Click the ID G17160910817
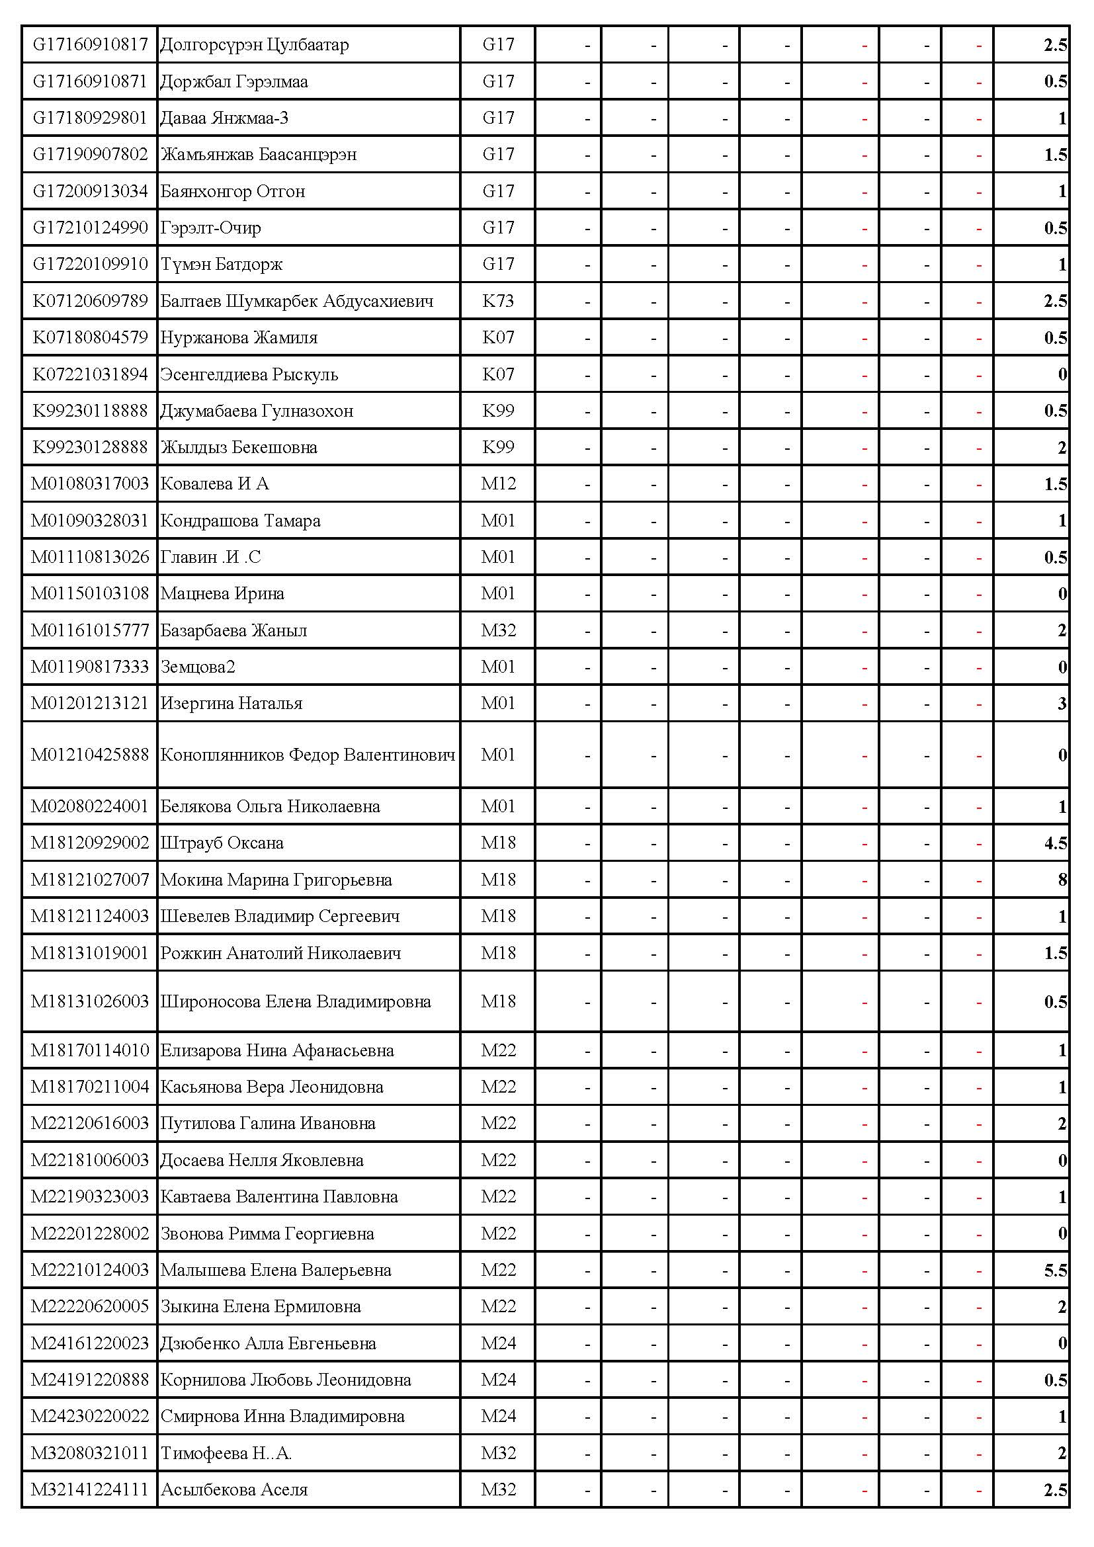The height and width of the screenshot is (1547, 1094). [90, 44]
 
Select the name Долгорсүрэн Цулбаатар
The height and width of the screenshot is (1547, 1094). [255, 45]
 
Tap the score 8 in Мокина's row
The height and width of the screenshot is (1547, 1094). [1062, 880]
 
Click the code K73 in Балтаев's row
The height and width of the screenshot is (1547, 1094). [498, 301]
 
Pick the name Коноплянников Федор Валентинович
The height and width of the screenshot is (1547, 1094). [308, 755]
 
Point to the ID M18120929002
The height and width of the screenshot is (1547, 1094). [90, 843]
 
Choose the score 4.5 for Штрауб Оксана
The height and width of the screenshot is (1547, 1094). [1055, 843]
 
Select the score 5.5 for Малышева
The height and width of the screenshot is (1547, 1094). [1055, 1271]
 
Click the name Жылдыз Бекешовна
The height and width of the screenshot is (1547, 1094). [239, 447]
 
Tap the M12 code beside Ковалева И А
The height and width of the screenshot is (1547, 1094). [498, 483]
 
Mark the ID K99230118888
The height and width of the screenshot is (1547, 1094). [90, 411]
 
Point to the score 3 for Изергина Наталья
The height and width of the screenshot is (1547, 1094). [1062, 704]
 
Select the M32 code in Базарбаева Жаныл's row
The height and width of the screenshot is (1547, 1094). [498, 631]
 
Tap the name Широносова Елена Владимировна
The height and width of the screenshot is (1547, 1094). [296, 1002]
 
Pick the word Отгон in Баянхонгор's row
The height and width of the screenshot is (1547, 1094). [281, 192]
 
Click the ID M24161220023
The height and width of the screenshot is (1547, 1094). [90, 1343]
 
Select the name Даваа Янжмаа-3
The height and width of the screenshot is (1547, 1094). [224, 118]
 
